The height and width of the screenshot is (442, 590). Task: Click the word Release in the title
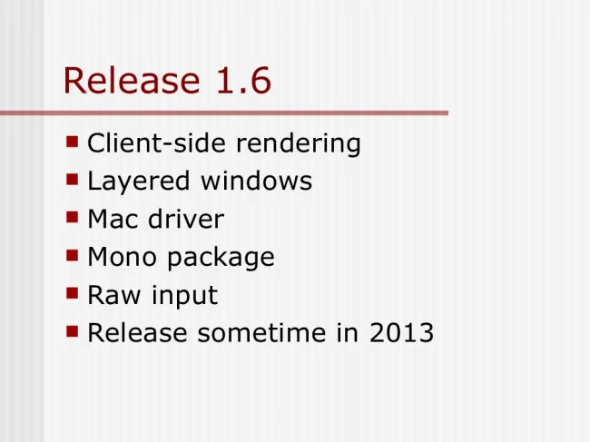coord(132,80)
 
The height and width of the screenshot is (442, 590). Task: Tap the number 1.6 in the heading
coord(243,80)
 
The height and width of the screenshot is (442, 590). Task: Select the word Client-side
coord(156,142)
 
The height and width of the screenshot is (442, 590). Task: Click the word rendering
coord(298,144)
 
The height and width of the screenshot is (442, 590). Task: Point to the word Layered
coord(138,182)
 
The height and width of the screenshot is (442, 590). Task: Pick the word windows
coord(256,181)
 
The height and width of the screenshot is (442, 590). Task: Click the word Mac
coord(113,219)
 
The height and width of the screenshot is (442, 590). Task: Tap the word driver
coord(186,219)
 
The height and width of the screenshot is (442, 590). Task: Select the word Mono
coord(122,257)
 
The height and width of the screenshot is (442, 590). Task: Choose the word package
coord(221,258)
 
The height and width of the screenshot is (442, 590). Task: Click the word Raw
coord(114,295)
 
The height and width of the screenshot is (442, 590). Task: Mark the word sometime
coord(261,332)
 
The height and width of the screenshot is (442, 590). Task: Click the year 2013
coord(401,332)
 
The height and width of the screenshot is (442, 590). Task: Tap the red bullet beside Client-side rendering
coord(73,142)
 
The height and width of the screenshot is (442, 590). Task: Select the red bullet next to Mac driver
coord(73,217)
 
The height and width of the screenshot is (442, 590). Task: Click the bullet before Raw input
coord(73,292)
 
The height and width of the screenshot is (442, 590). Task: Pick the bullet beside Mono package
coord(73,255)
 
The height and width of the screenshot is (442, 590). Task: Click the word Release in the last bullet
coord(137,332)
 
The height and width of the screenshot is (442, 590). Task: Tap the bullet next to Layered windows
coord(73,180)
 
